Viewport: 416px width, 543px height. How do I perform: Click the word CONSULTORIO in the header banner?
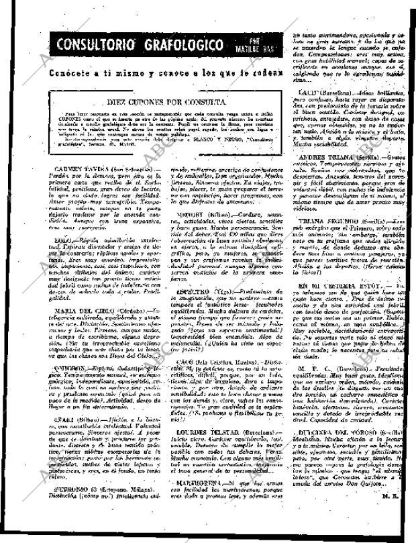[93, 46]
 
